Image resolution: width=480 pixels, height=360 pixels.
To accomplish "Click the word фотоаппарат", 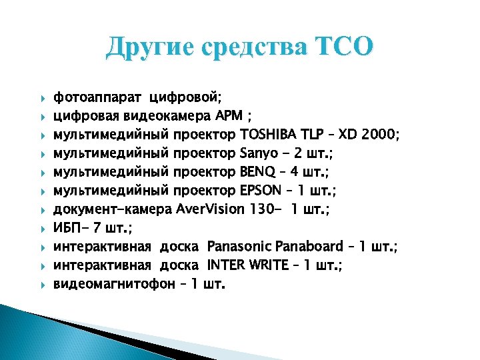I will [98, 98].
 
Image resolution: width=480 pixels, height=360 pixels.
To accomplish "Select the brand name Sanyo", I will [257, 154].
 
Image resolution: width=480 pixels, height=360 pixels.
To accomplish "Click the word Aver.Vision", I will [211, 210].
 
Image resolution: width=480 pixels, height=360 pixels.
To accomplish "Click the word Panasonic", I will [238, 247].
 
